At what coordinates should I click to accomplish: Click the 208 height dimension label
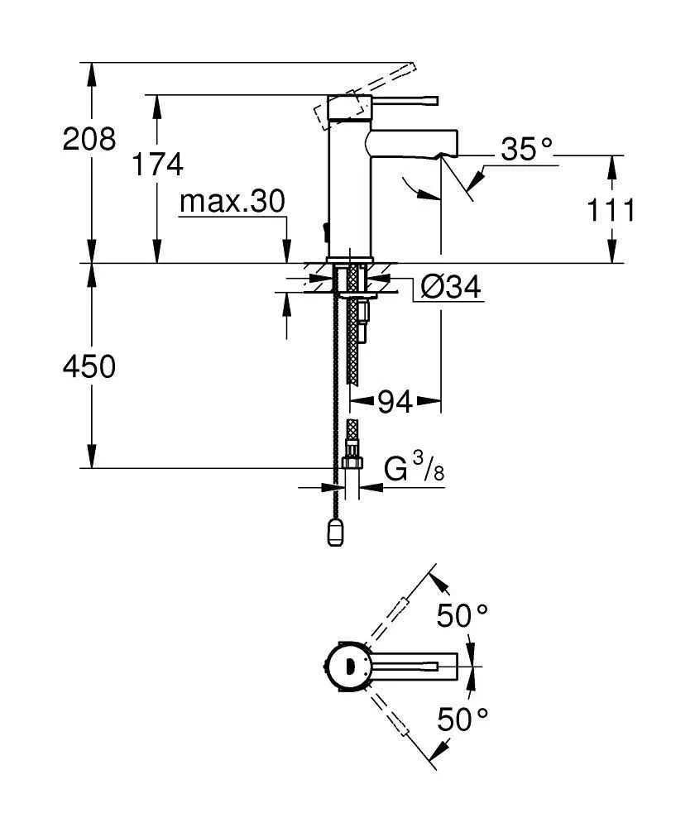[x=90, y=139]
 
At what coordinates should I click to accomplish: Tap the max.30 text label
[x=232, y=201]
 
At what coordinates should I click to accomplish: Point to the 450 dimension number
[x=90, y=366]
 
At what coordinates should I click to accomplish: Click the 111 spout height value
[x=611, y=211]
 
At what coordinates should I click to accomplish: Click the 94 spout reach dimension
[x=395, y=403]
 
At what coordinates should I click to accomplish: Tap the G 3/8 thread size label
[x=414, y=471]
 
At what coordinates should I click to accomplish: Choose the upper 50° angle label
[x=462, y=616]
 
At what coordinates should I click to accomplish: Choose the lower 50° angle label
[x=462, y=719]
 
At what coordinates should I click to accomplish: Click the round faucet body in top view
[x=346, y=667]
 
